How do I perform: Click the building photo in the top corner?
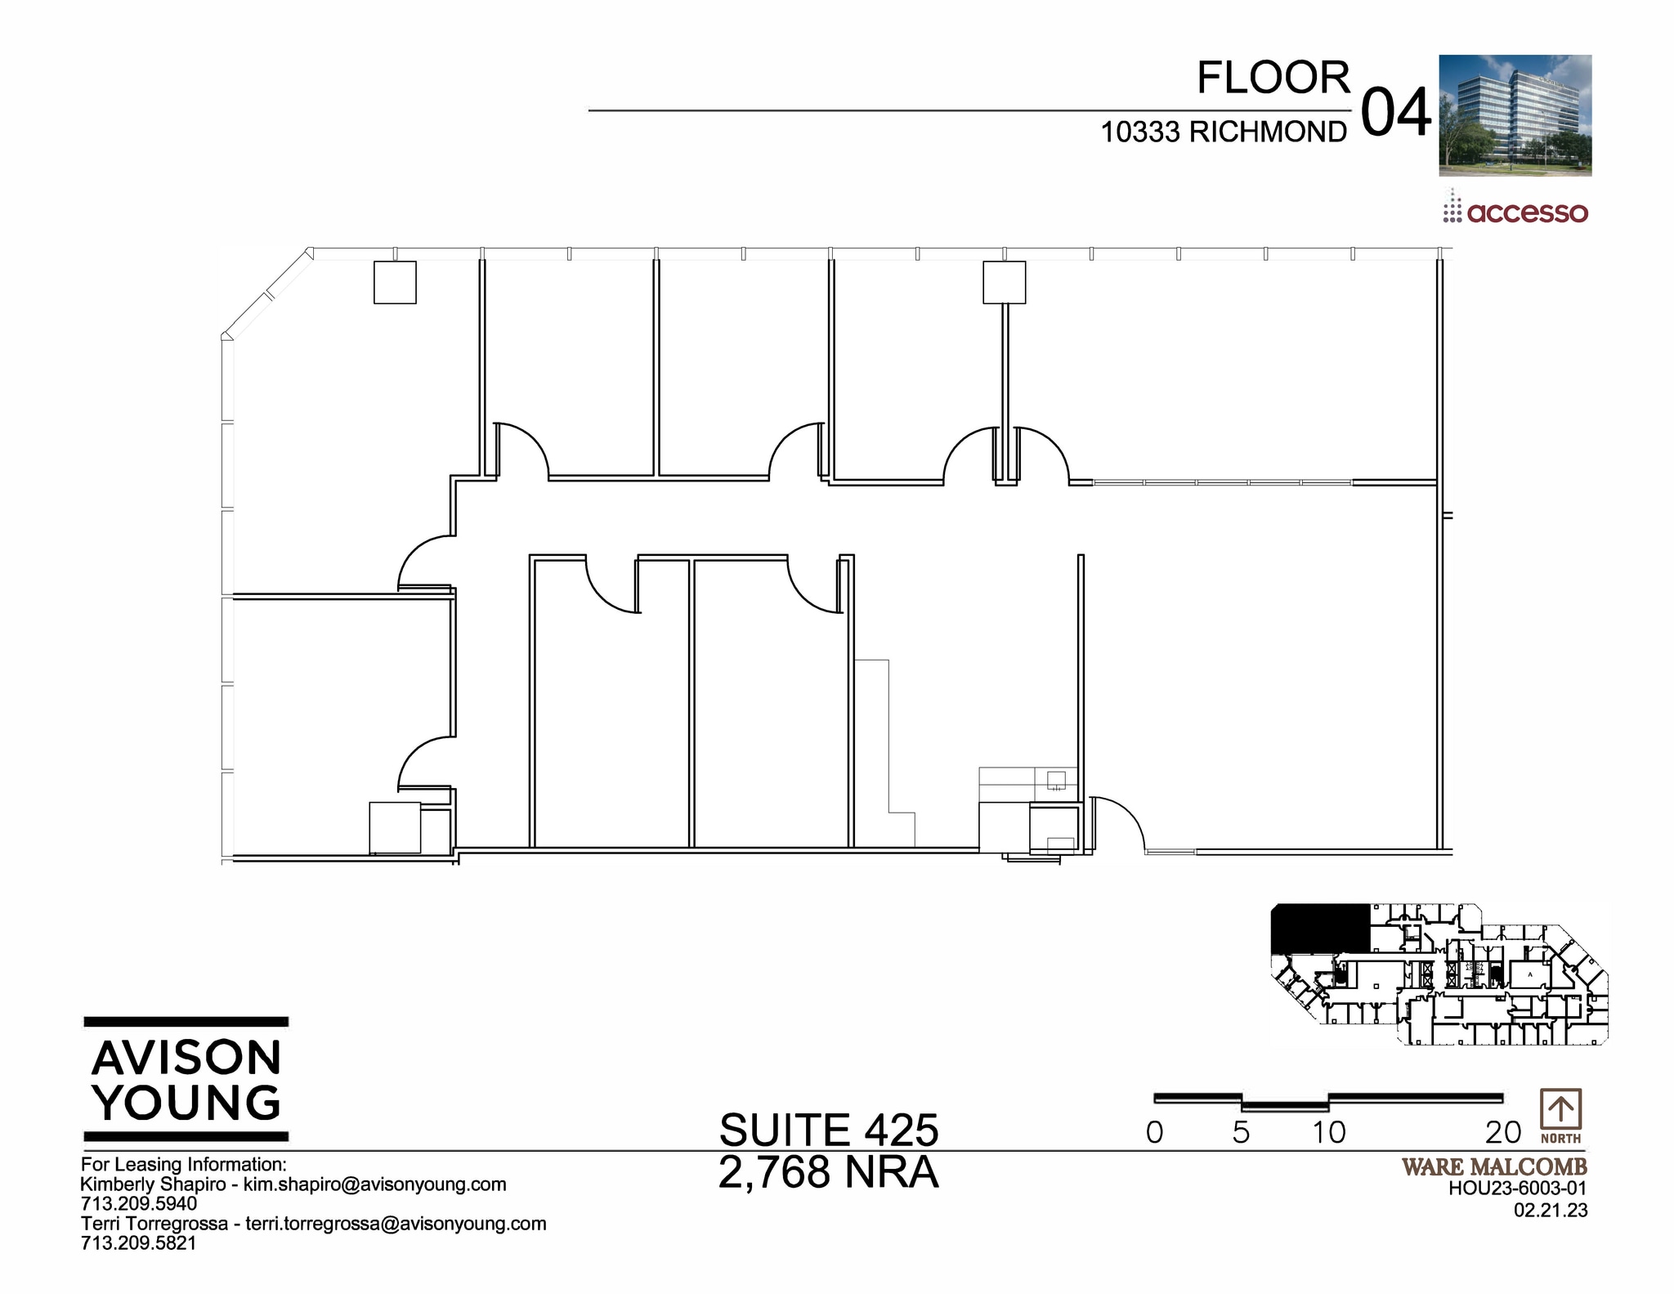point(1515,115)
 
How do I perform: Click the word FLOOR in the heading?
point(1273,78)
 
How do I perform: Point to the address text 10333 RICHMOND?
point(1224,132)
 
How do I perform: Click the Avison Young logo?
point(186,1079)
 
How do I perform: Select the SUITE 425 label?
point(829,1131)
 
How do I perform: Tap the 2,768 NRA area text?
point(829,1173)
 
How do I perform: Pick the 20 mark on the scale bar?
point(1503,1133)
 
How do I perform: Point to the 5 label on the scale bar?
point(1241,1133)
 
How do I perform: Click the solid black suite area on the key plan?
point(1319,928)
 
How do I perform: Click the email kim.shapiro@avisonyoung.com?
point(375,1184)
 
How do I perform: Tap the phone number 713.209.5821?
point(139,1243)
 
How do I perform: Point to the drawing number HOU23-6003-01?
point(1518,1189)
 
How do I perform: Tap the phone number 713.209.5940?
point(139,1204)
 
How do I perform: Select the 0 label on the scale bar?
point(1154,1133)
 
